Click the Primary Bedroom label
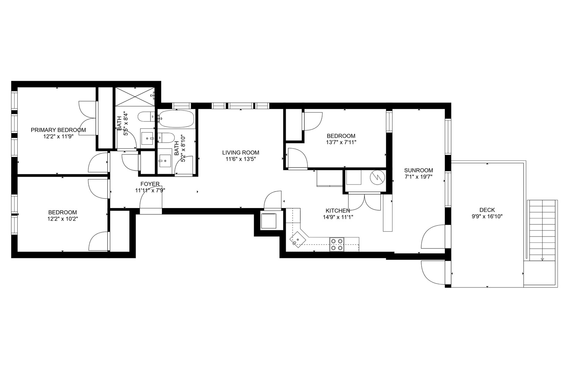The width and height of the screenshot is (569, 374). pyautogui.click(x=58, y=130)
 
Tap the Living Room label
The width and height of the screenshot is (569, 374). pyautogui.click(x=241, y=152)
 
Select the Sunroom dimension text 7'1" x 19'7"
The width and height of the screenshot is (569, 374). pyautogui.click(x=419, y=177)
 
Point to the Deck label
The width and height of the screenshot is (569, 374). pyautogui.click(x=487, y=210)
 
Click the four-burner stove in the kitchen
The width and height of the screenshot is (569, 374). pyautogui.click(x=337, y=244)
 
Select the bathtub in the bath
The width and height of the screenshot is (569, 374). pyautogui.click(x=176, y=119)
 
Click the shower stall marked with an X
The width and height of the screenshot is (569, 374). pyautogui.click(x=135, y=96)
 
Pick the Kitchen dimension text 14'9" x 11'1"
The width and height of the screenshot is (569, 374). pyautogui.click(x=338, y=217)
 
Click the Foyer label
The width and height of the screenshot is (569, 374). pyautogui.click(x=150, y=184)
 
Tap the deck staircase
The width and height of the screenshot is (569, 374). pyautogui.click(x=542, y=230)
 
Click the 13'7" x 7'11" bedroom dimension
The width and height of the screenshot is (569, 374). pyautogui.click(x=341, y=142)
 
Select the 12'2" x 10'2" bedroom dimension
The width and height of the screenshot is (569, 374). pyautogui.click(x=62, y=219)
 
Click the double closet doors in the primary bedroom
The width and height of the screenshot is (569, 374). pyautogui.click(x=87, y=118)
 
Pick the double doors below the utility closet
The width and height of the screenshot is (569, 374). pyautogui.click(x=364, y=202)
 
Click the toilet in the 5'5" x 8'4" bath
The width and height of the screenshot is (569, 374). pyautogui.click(x=146, y=117)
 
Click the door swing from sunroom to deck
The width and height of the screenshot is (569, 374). pyautogui.click(x=433, y=237)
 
